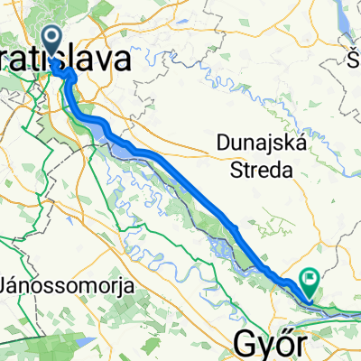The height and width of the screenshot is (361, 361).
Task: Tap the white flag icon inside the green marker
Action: pos(311,279)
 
